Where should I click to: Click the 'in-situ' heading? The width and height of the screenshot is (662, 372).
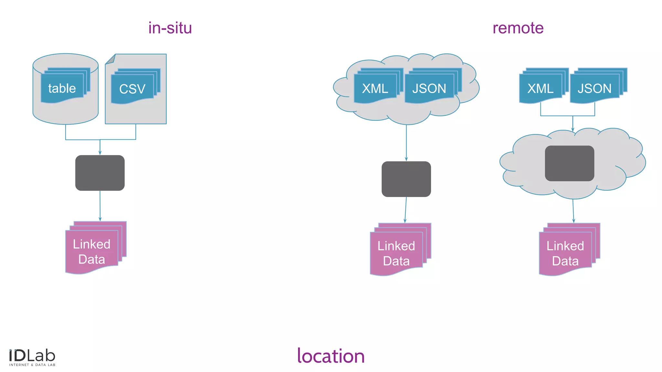[x=170, y=28]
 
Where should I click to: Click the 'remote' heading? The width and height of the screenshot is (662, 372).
[x=518, y=28]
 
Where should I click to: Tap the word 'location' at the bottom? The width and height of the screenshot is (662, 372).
[x=331, y=356]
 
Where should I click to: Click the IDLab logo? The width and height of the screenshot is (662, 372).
[x=32, y=357]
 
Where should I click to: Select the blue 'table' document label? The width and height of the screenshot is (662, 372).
[x=62, y=88]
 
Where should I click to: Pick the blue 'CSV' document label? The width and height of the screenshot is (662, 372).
[x=132, y=89]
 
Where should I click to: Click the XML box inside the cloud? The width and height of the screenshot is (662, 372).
[x=375, y=88]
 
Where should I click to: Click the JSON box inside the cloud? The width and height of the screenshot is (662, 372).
[x=429, y=88]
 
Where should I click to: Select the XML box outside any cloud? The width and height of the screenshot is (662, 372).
[x=540, y=88]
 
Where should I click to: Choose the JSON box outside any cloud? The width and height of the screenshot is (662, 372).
[x=594, y=88]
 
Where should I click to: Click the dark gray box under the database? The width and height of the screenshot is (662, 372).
[x=100, y=173]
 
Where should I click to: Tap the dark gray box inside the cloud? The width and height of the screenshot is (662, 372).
[x=569, y=163]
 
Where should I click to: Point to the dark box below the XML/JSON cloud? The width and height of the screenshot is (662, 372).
[x=406, y=179]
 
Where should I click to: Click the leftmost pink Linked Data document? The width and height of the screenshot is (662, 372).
[x=92, y=252]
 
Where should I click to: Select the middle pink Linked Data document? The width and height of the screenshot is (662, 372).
[x=396, y=253]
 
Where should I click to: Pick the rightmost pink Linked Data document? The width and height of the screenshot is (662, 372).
[x=565, y=253]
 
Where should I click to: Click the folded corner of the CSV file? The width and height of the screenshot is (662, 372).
[x=111, y=59]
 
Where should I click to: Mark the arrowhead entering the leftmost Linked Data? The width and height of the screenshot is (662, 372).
[x=100, y=219]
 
